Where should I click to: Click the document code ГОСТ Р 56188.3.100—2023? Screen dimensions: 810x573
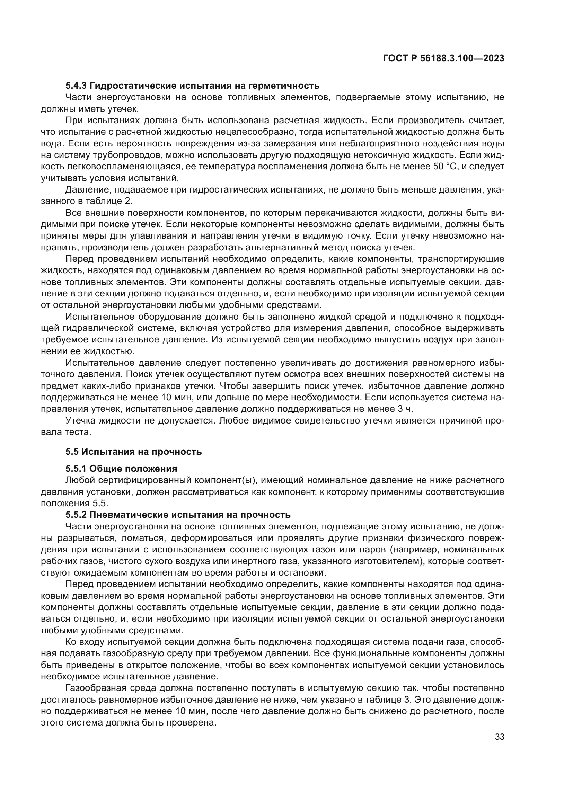443,59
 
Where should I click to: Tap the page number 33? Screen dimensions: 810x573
500,737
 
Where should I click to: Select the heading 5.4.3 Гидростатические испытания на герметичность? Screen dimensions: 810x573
192,86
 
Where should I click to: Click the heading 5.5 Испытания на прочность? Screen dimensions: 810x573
134,452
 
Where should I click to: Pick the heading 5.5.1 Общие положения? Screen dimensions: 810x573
121,469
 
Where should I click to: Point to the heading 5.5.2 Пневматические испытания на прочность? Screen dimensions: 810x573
178,515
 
